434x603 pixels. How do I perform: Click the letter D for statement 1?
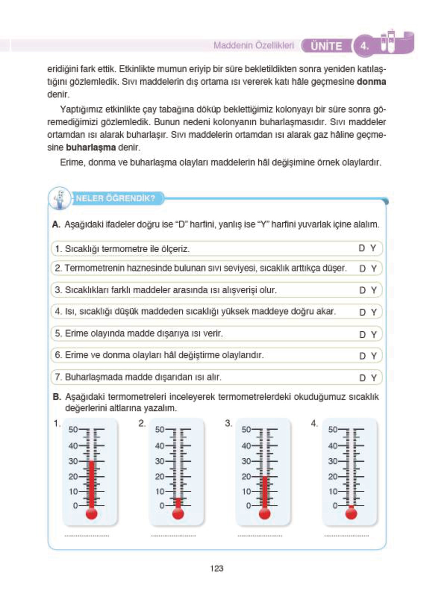click(x=361, y=248)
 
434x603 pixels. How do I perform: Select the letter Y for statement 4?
click(x=374, y=312)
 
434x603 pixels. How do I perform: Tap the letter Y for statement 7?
click(x=374, y=378)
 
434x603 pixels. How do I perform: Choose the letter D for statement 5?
click(x=362, y=334)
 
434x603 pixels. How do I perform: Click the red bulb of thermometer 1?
click(x=91, y=513)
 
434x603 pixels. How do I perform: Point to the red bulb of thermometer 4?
click(x=351, y=513)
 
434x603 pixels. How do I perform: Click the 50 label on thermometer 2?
click(x=160, y=429)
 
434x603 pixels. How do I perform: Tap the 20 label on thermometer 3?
click(x=246, y=477)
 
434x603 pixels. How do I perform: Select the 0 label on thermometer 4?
click(x=335, y=506)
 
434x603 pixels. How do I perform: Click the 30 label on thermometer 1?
click(x=73, y=461)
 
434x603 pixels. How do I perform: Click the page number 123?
click(x=216, y=568)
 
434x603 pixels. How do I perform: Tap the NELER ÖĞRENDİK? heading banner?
click(x=115, y=198)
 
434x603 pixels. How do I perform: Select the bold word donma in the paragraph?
click(x=371, y=82)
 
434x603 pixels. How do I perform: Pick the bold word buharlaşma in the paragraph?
click(x=91, y=147)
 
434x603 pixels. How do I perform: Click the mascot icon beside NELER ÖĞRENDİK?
click(x=60, y=199)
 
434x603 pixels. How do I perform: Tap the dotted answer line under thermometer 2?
click(x=173, y=536)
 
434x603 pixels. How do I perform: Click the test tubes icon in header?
click(x=388, y=42)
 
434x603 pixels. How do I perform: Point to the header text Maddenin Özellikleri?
click(x=253, y=46)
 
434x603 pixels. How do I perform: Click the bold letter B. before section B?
click(x=57, y=397)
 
